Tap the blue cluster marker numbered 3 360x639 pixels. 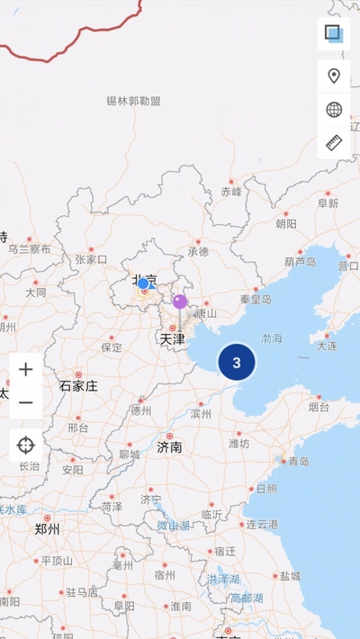[237, 363]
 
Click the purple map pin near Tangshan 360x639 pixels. [180, 301]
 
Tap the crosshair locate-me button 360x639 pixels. [26, 445]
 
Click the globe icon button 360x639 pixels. [334, 110]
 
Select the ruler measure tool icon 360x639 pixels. [334, 143]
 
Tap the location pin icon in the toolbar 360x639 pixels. [334, 76]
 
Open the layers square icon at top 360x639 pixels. [334, 34]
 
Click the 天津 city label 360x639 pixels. [172, 339]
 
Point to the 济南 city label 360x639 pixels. [169, 446]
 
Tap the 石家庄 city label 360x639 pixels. [78, 386]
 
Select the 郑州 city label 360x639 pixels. [47, 529]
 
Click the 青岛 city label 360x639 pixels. [298, 461]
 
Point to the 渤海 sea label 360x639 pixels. [272, 338]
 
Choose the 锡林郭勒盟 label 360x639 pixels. [133, 101]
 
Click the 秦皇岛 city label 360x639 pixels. [256, 299]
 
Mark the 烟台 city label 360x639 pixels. [319, 407]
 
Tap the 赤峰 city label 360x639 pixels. [231, 192]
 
